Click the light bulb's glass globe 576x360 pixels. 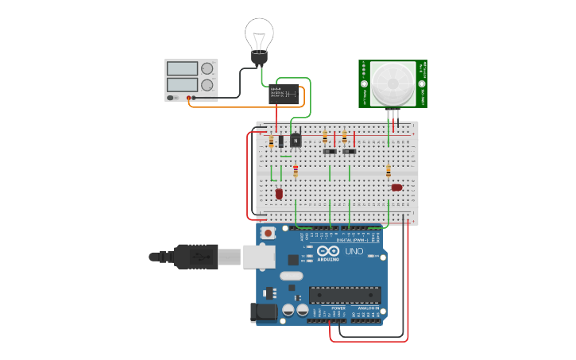point(259,33)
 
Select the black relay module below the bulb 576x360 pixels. point(284,94)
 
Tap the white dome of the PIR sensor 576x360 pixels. point(393,82)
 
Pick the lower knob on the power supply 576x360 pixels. point(207,84)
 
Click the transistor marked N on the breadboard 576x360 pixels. point(296,141)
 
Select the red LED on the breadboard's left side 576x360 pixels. point(279,193)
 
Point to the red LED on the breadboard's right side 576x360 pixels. point(396,188)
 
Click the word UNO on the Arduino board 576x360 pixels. point(354,252)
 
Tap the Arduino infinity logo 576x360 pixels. point(328,250)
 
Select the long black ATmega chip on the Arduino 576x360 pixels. point(345,295)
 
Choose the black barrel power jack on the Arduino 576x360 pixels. point(263,312)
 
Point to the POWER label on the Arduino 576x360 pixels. point(327,308)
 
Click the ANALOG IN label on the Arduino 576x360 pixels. point(366,308)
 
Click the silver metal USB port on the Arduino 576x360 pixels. point(260,256)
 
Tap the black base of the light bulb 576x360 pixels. point(259,58)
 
